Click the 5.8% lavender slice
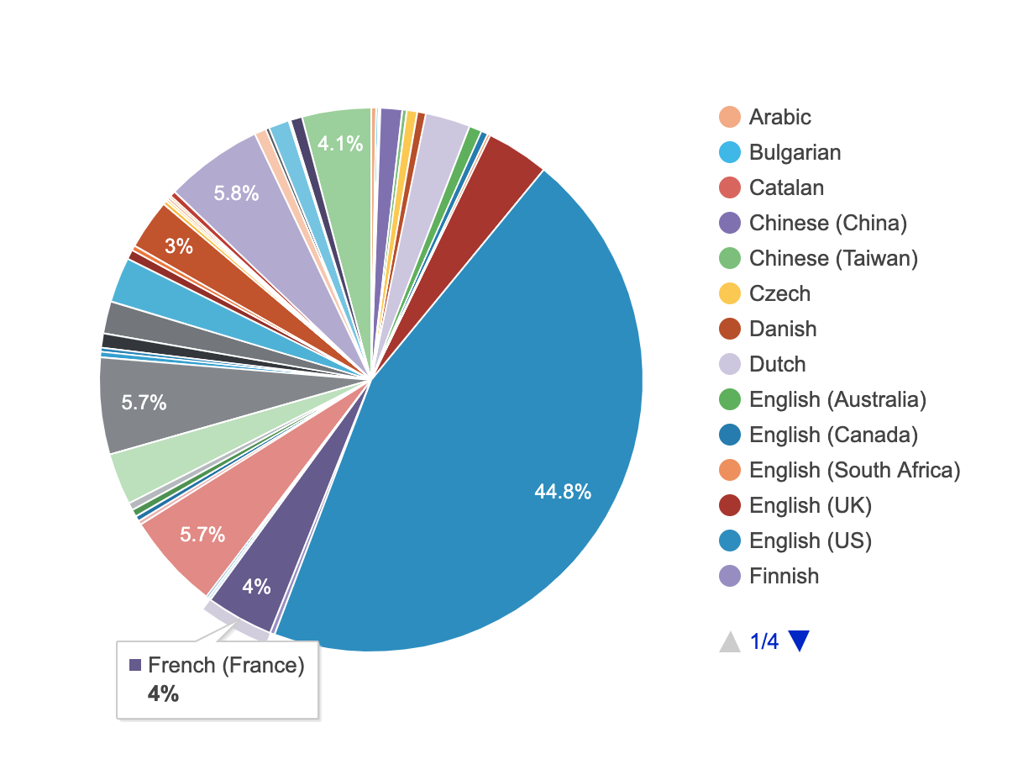(x=244, y=189)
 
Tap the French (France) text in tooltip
(x=226, y=666)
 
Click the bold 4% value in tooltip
(x=163, y=694)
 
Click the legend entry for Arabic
(x=779, y=117)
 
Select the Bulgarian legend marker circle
(x=730, y=152)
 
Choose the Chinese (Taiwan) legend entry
(x=832, y=258)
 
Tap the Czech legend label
(x=779, y=293)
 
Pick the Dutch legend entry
(x=777, y=364)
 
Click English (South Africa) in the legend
(x=854, y=470)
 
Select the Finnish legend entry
(x=784, y=576)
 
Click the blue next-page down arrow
(x=799, y=641)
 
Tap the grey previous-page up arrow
(x=731, y=641)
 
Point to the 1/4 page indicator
(x=764, y=642)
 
